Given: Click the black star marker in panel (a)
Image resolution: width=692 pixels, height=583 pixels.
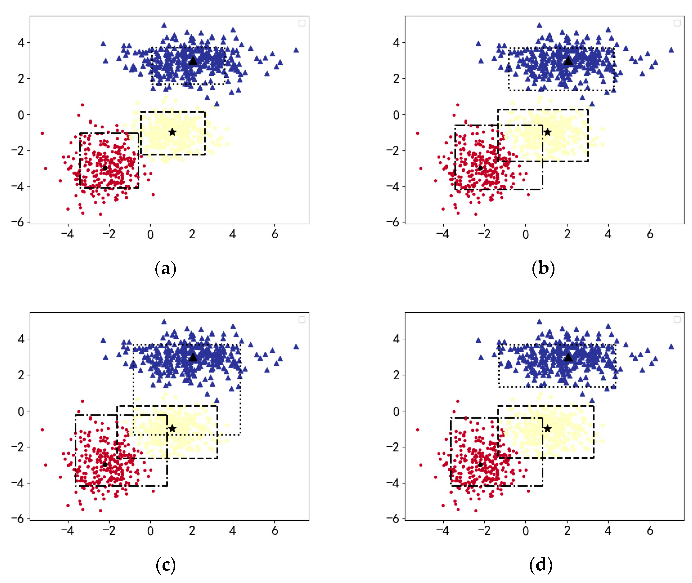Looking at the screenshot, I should point(172,132).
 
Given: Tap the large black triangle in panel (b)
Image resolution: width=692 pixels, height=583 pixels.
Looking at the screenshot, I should point(568,61).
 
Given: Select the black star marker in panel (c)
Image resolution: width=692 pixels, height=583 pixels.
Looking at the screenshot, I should point(172,429).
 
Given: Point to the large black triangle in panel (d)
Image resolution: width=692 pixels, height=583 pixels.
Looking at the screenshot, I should point(568,357).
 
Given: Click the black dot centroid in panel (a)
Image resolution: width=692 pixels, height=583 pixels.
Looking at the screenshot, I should point(105,168).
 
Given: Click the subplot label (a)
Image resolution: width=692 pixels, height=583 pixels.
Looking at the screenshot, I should point(165,268).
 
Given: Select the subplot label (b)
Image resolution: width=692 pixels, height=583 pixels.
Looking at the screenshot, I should point(543,268).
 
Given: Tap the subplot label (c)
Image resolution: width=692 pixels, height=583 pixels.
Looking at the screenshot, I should point(165,565).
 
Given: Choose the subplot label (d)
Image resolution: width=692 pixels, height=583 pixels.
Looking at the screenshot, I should point(541,565).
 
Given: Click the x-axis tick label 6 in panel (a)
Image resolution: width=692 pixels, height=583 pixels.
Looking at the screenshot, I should point(275,235).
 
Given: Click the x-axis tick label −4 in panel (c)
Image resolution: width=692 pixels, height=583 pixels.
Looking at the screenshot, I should point(67,531).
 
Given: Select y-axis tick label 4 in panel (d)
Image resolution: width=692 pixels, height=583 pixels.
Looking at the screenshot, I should point(396,339).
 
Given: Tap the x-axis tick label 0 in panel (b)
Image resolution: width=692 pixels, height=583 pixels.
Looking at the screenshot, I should point(526,235).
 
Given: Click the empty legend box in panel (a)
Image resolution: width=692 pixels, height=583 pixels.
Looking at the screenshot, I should point(302,23).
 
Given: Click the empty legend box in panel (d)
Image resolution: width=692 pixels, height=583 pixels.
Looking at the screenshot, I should point(677,319).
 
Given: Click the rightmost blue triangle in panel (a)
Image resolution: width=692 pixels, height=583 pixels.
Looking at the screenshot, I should point(296,50).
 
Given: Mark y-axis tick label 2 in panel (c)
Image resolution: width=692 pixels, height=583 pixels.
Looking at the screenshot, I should point(21,375).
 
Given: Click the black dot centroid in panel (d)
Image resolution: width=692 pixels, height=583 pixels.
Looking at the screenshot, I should point(480,464).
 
